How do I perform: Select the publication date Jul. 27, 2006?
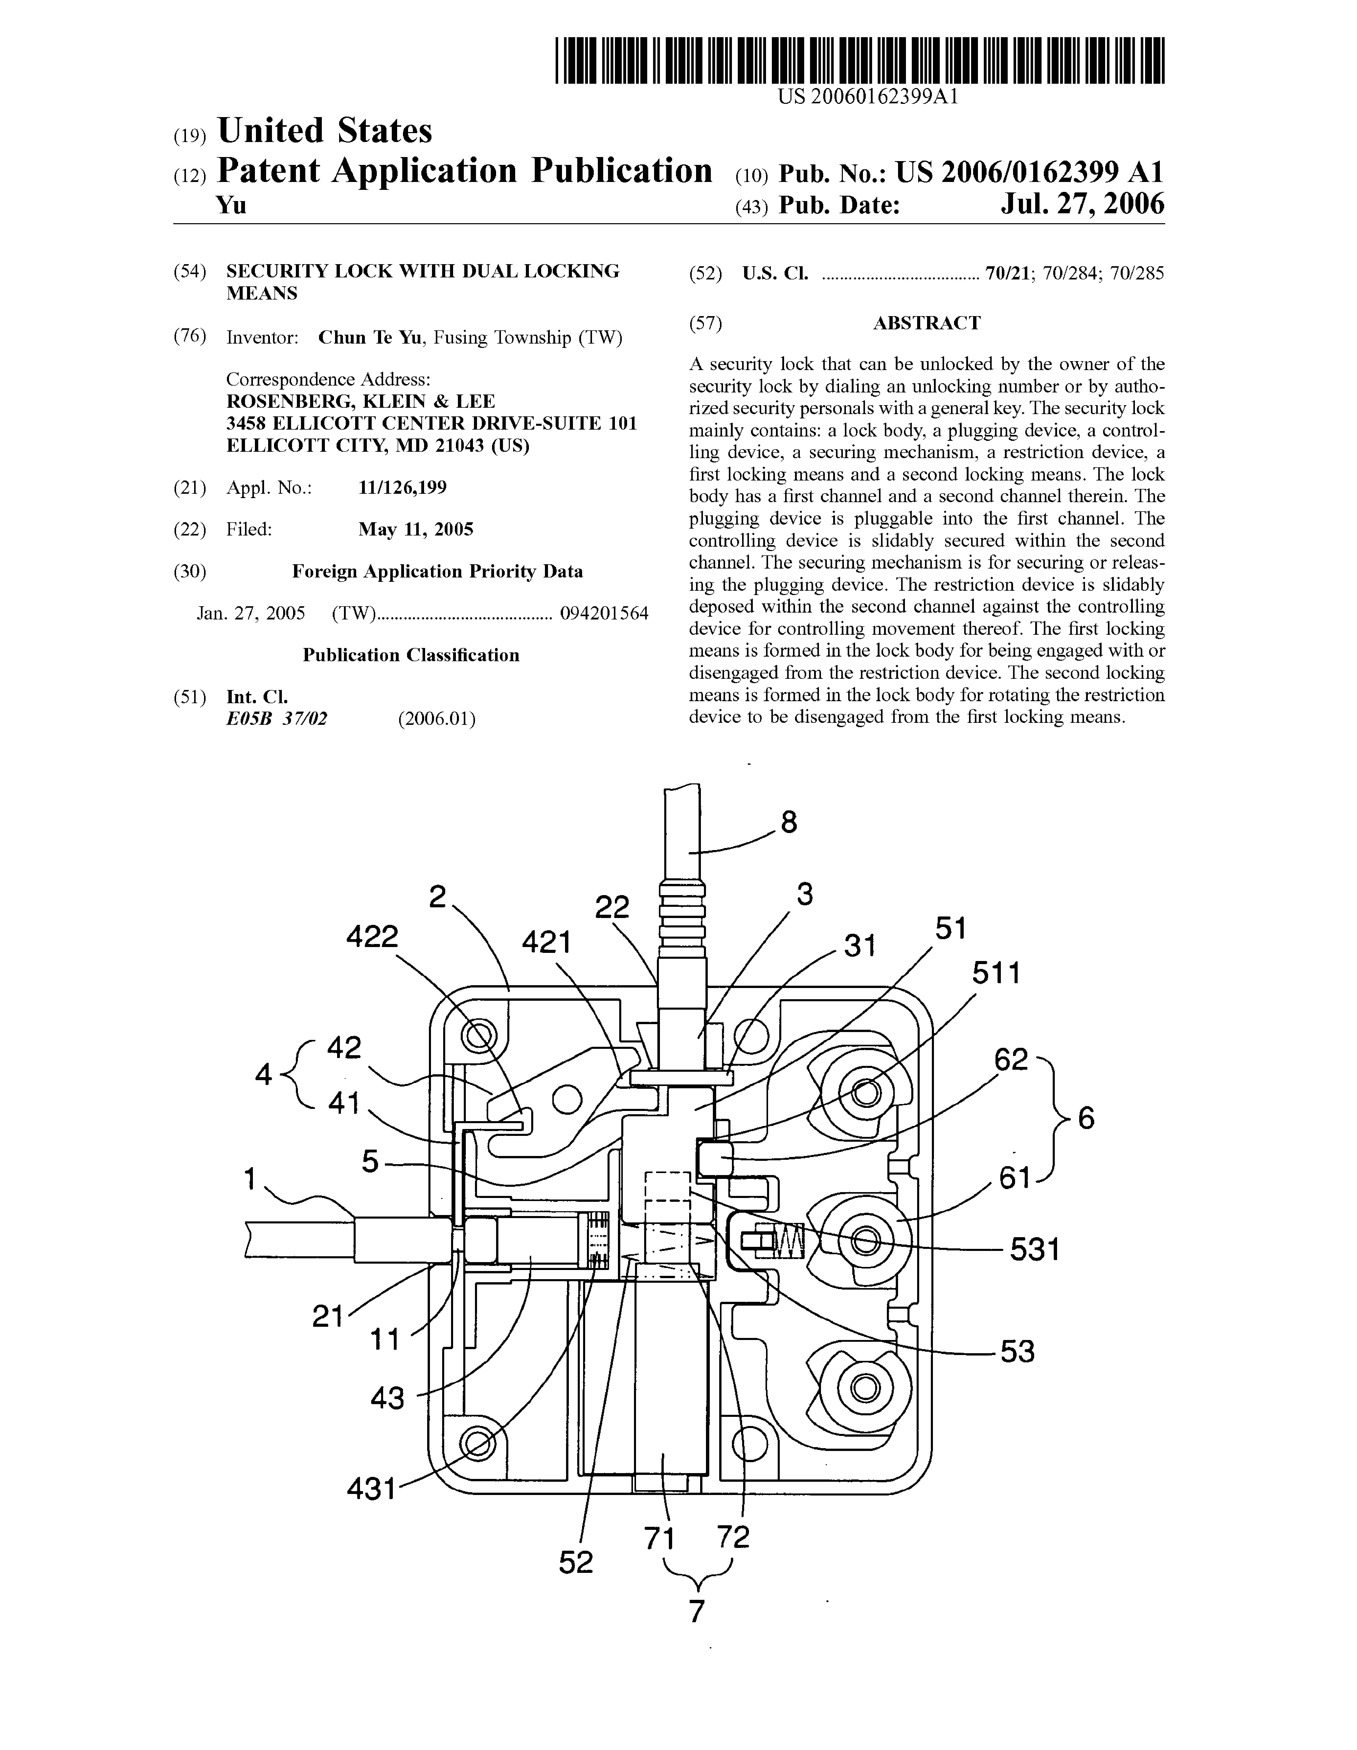1082,205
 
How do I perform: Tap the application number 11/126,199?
402,488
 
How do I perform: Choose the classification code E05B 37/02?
277,719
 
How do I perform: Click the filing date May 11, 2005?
416,530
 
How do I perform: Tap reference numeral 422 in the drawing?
372,937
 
